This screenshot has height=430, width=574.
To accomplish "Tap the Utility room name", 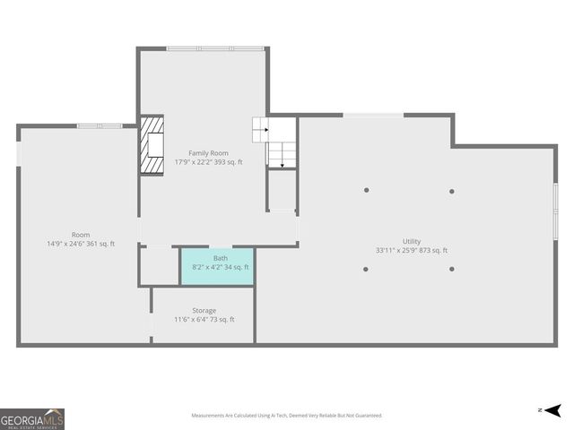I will (412, 241).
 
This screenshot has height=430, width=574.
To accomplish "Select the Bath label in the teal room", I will (220, 258).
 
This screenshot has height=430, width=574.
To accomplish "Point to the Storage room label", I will (204, 311).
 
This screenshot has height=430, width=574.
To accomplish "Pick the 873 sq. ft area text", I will (433, 251).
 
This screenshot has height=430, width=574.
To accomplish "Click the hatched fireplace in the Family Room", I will (151, 144).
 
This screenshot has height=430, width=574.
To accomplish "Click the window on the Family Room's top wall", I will (214, 48).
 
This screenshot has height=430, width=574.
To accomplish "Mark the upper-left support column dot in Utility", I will (366, 190).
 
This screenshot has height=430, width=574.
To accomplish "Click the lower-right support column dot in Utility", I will (451, 269).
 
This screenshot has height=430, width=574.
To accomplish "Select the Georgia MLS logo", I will (32, 418).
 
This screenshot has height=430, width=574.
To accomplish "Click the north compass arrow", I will (552, 410).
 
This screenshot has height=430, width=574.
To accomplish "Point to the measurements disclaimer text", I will (286, 416).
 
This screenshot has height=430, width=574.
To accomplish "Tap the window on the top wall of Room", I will (99, 125).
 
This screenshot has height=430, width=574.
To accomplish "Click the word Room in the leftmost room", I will (81, 235).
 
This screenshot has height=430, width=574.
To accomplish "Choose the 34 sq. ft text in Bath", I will (237, 267).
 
